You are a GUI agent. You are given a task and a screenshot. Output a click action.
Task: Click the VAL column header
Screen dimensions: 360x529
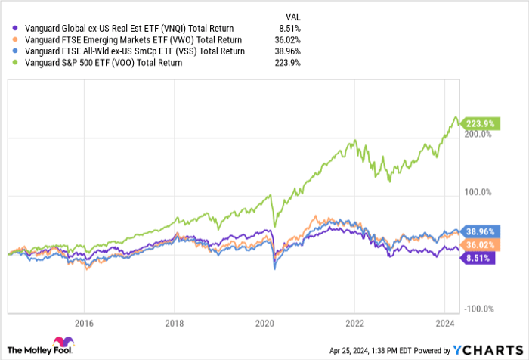pyautogui.click(x=290, y=15)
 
